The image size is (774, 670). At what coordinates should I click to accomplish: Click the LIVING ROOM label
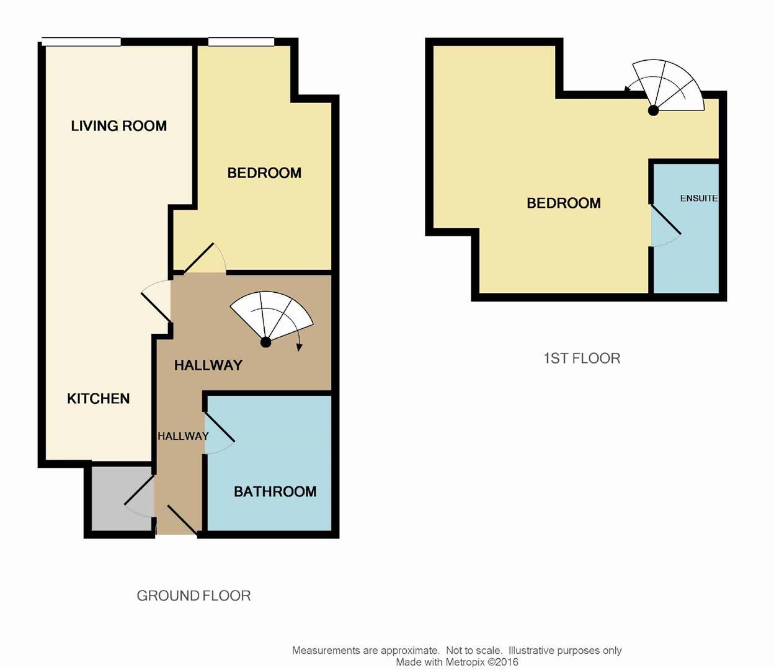118,126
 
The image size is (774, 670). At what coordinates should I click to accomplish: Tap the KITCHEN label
98,398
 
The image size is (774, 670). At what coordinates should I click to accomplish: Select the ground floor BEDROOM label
264,173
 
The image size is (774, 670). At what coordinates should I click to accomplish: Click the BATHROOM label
275,491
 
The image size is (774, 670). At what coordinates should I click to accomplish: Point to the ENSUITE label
698,199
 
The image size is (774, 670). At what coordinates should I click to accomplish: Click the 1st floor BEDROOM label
563,203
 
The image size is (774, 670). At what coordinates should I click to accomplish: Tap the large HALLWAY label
208,365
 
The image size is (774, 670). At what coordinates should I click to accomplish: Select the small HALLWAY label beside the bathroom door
182,436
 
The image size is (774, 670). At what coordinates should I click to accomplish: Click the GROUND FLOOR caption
193,596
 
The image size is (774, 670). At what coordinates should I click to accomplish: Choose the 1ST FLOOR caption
581,358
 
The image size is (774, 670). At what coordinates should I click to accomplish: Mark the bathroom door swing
219,433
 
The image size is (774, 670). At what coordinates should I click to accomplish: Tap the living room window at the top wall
81,42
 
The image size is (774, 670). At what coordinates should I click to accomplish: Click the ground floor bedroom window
241,42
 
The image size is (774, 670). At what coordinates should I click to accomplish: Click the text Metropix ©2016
481,662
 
